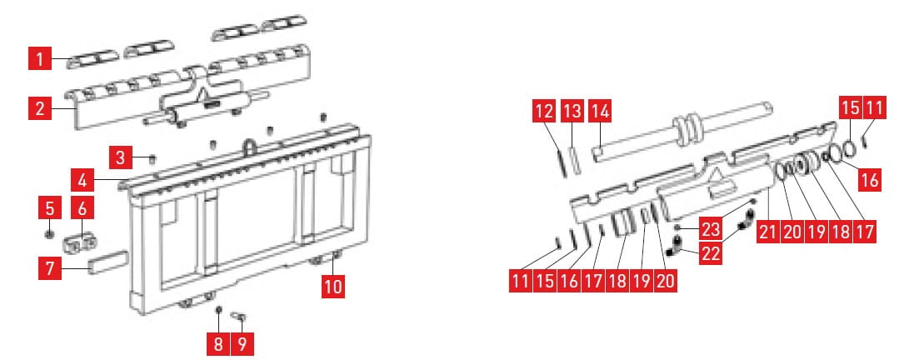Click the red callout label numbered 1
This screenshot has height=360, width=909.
pyautogui.click(x=39, y=58)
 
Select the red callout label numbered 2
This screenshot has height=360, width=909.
pyautogui.click(x=39, y=108)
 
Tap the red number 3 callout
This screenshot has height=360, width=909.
pyautogui.click(x=120, y=157)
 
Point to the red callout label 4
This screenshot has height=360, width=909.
pyautogui.click(x=82, y=180)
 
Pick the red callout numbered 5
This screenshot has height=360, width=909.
pyautogui.click(x=49, y=207)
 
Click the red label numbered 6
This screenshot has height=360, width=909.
pyautogui.click(x=82, y=207)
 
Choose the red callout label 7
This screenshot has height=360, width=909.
pyautogui.click(x=50, y=268)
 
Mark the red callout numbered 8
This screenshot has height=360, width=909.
pyautogui.click(x=218, y=344)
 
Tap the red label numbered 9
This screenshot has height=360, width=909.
pyautogui.click(x=242, y=344)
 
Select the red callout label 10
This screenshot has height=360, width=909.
pyautogui.click(x=333, y=287)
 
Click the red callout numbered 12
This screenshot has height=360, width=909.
pyautogui.click(x=544, y=111)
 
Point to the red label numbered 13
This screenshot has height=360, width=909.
pyautogui.click(x=572, y=111)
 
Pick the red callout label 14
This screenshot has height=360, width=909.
pyautogui.click(x=600, y=111)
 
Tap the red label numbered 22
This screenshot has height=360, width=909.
pyautogui.click(x=710, y=253)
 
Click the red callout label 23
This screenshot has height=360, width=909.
pyautogui.click(x=710, y=228)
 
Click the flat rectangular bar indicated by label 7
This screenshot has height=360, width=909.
pyautogui.click(x=107, y=262)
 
